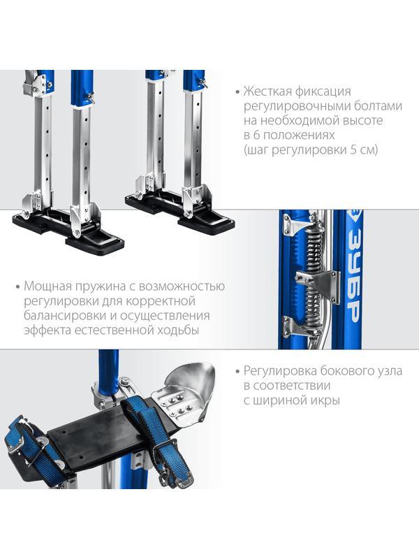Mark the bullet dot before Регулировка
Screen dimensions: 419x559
(x=237, y=372)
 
